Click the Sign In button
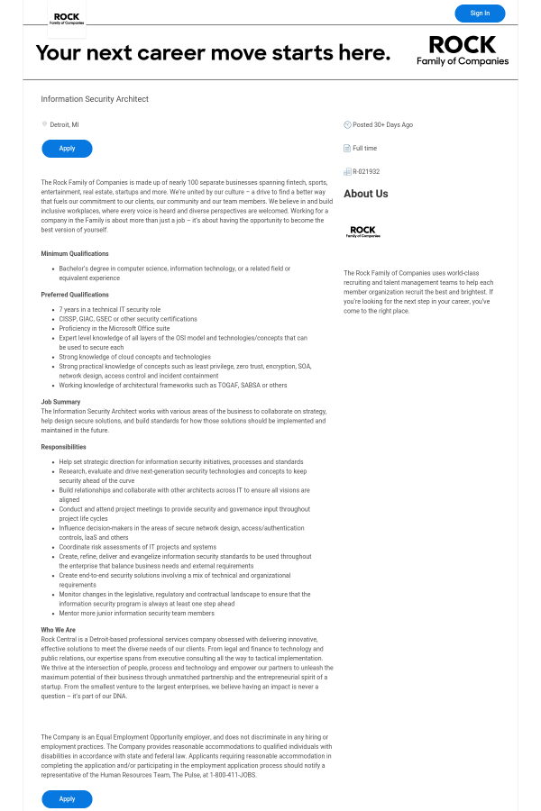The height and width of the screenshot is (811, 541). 480,13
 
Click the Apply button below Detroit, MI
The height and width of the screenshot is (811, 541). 67,149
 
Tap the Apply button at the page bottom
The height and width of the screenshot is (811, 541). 67,798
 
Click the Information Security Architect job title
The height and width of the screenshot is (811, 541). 95,99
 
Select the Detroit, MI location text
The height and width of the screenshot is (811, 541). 64,124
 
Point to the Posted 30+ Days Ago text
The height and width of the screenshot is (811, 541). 382,124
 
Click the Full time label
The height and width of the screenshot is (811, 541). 364,148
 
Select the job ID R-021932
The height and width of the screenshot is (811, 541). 366,171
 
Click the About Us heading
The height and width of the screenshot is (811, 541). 366,194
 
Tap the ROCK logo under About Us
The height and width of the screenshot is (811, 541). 362,232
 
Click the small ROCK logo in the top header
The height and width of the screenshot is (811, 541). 67,18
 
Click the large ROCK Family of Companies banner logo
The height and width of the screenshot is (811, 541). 462,50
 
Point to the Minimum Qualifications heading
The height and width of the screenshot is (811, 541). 75,254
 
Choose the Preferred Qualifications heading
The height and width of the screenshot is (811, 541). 75,295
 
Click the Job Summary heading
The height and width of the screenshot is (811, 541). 60,402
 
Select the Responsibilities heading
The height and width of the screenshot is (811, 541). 64,447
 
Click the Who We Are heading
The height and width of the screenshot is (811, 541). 59,630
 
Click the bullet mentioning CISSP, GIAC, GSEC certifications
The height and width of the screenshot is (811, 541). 128,319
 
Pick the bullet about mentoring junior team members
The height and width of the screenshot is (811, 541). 137,614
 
